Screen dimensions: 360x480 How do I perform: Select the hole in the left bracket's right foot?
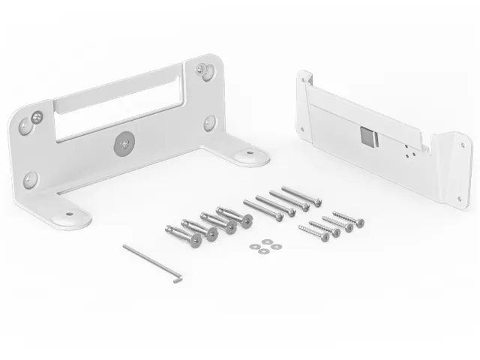coord(247,156)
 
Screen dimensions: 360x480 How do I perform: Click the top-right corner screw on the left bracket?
coord(202,70)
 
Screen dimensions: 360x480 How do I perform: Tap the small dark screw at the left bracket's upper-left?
coord(37,117)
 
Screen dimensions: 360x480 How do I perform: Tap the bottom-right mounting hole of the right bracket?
coord(459,198)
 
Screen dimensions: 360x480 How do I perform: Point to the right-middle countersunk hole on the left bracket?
coord(210,122)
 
